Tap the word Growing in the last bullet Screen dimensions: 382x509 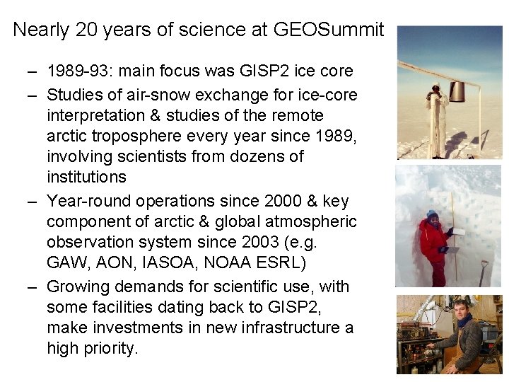click(x=77, y=286)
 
